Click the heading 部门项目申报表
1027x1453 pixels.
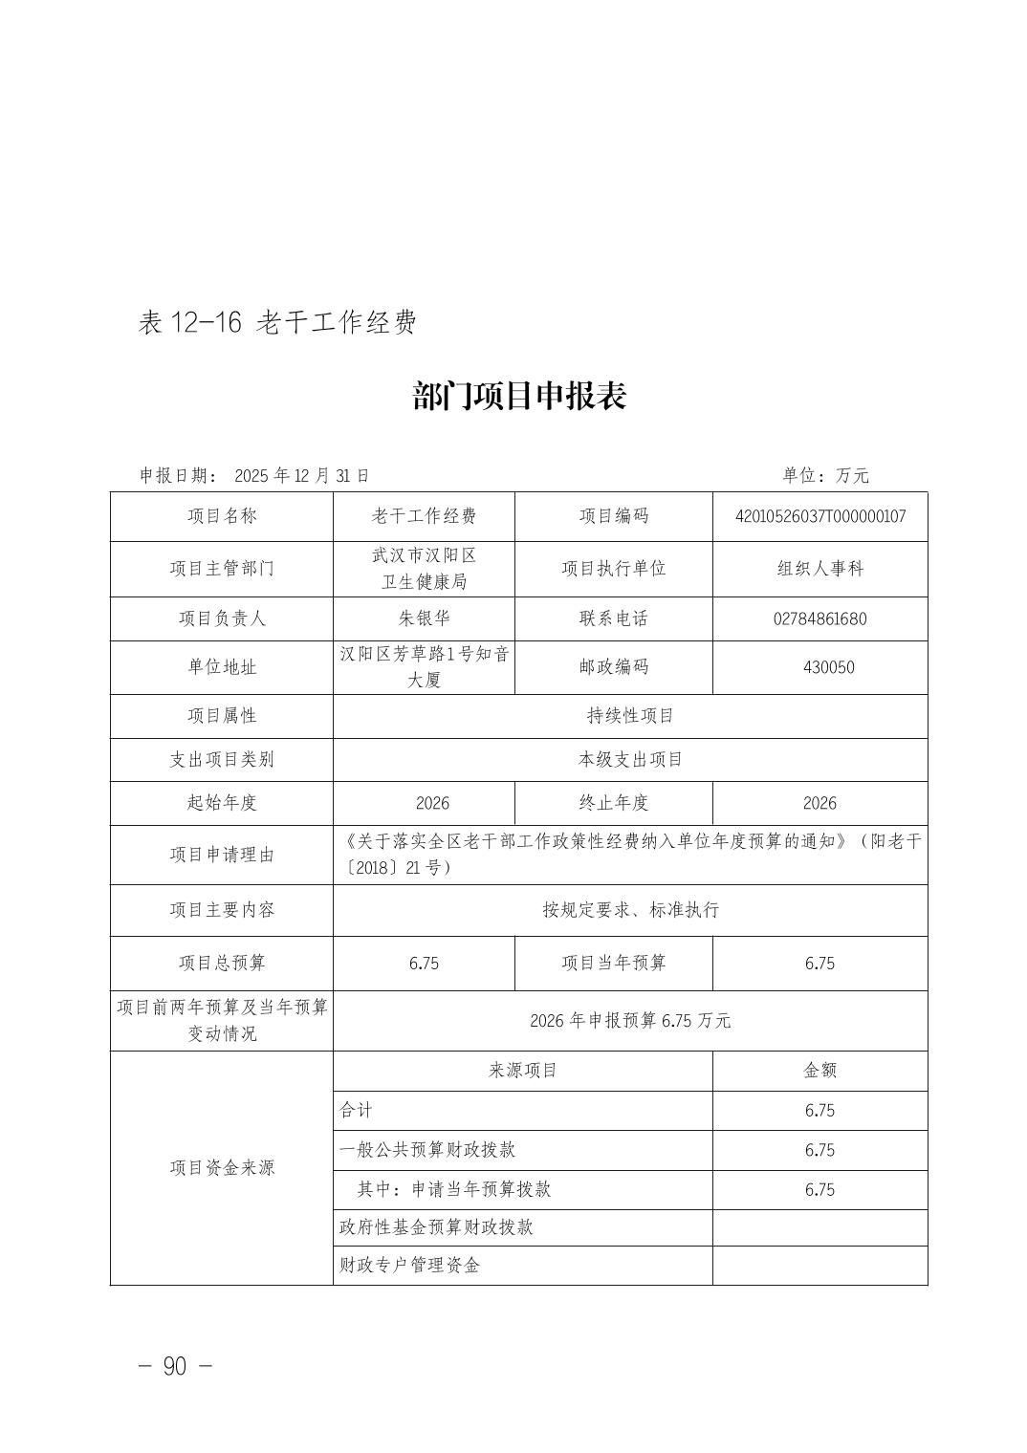pos(519,396)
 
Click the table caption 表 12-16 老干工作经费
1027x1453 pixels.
pos(277,323)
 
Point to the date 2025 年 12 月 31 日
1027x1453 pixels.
pos(301,475)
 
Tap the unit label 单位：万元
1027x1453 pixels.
pos(825,475)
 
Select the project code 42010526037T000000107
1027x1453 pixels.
pos(819,516)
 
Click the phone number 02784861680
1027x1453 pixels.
pos(819,618)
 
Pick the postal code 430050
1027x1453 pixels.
pos(819,667)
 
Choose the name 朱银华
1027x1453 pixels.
pos(424,618)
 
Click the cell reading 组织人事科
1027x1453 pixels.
pos(819,568)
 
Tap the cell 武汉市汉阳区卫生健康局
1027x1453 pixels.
pos(424,568)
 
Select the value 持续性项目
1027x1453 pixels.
pos(630,716)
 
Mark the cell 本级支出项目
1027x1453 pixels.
pos(630,760)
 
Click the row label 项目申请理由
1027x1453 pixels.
pos(222,855)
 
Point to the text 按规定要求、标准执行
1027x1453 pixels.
pos(630,910)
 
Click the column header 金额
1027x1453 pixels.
pos(819,1071)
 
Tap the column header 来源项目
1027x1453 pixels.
pos(522,1071)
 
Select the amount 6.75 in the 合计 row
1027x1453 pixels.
pos(819,1111)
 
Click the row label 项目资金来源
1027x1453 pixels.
pos(222,1167)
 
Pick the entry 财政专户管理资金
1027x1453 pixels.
pos(409,1266)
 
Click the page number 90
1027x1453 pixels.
pos(175,1367)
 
